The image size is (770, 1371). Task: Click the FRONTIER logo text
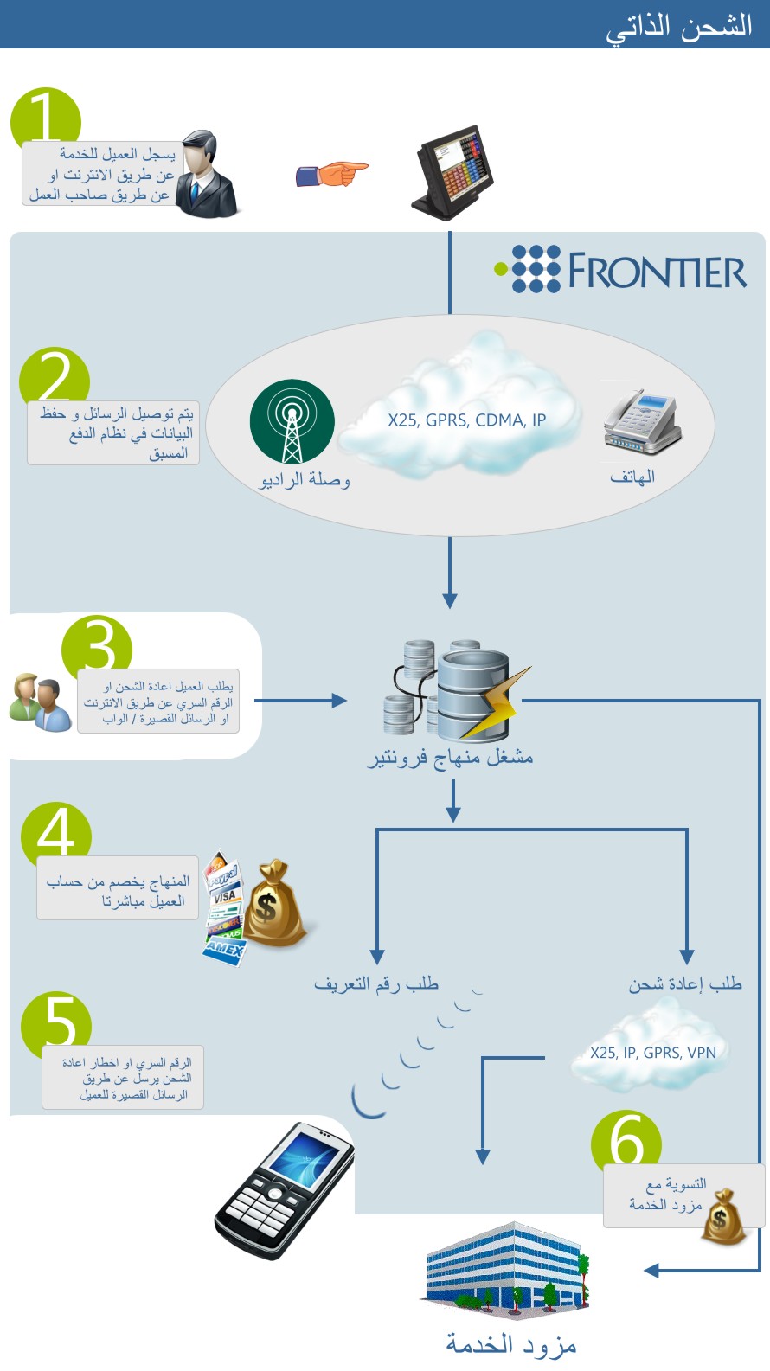(x=658, y=270)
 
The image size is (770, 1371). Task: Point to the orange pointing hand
(x=331, y=174)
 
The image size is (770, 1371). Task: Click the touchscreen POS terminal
(x=453, y=172)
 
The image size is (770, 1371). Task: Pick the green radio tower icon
(x=292, y=421)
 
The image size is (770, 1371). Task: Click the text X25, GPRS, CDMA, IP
(x=467, y=420)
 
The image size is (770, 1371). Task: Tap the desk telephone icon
(x=642, y=422)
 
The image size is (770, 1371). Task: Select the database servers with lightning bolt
(x=456, y=689)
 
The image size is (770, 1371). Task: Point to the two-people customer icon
(x=40, y=702)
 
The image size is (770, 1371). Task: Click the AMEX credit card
(x=223, y=951)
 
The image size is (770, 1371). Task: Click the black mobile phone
(x=285, y=1190)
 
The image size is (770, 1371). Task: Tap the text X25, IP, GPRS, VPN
(x=653, y=1053)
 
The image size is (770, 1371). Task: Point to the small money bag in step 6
(x=723, y=1217)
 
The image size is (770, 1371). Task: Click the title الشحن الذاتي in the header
(x=679, y=27)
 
